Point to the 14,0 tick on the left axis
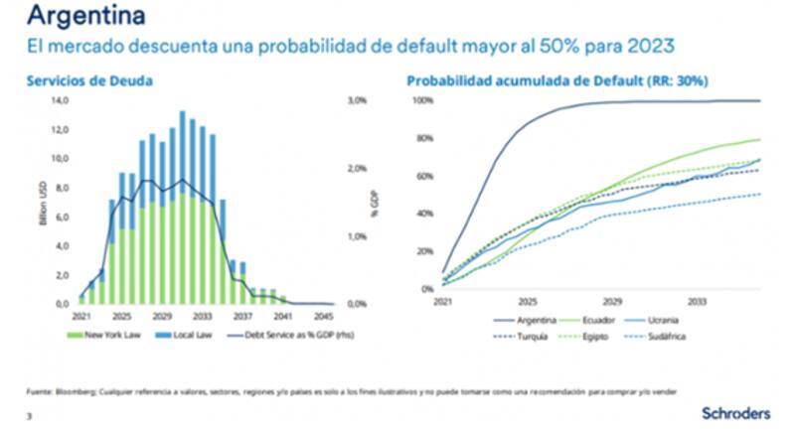point(61,100)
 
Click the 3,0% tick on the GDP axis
point(358,100)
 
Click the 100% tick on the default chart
point(421,101)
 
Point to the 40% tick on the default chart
point(423,214)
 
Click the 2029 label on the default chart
point(612,300)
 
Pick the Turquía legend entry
point(520,337)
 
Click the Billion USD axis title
point(43,203)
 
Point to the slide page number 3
point(29,416)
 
